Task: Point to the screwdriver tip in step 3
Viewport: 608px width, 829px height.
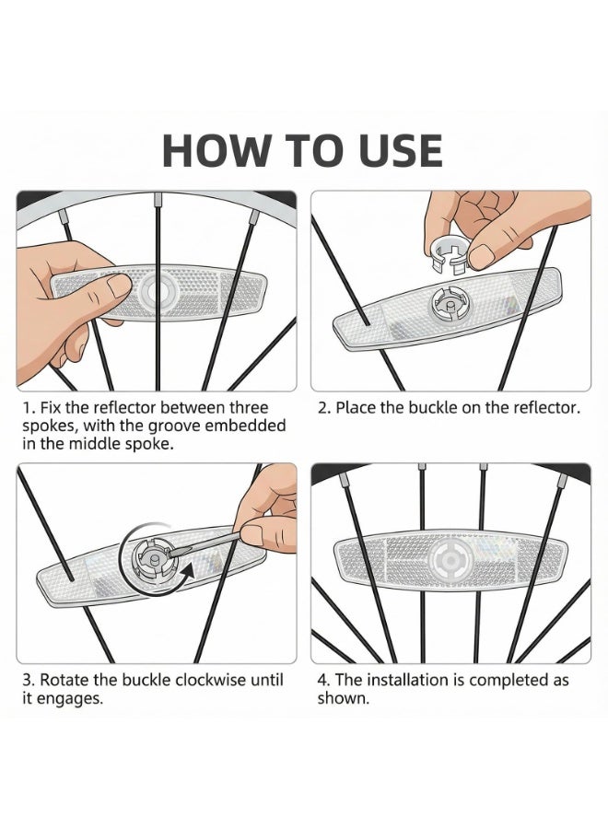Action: click(170, 553)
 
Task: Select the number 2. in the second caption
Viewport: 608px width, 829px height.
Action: click(324, 408)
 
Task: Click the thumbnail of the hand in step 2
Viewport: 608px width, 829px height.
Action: click(482, 255)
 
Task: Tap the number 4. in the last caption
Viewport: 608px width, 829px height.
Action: click(324, 680)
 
